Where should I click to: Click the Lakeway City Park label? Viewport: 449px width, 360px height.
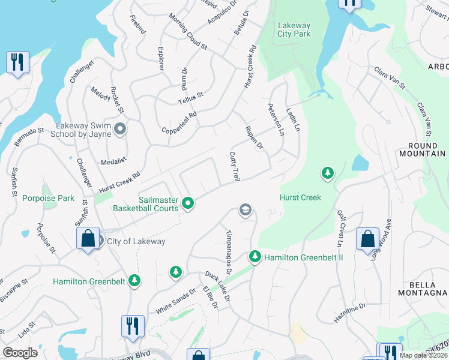tap(294, 29)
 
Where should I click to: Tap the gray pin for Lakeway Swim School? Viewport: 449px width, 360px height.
tap(121, 129)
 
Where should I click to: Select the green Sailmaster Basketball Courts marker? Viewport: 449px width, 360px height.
tap(188, 204)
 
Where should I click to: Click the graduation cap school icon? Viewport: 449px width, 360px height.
tap(245, 210)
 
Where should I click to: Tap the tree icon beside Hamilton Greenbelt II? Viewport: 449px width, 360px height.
tap(255, 257)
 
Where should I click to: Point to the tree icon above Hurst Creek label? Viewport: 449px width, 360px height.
tap(327, 173)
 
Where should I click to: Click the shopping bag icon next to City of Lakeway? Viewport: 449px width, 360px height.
tap(88, 238)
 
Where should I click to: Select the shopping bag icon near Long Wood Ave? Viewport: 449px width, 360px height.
tap(367, 238)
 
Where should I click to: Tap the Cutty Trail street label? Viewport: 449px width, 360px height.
tap(235, 167)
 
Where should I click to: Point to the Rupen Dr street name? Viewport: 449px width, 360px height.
tap(255, 137)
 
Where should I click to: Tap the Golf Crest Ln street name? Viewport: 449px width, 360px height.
tap(339, 227)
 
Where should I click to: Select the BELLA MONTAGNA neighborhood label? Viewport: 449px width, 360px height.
tap(423, 287)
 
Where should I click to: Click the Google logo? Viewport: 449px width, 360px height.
tap(20, 353)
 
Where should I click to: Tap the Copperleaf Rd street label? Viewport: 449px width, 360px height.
tap(179, 123)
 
